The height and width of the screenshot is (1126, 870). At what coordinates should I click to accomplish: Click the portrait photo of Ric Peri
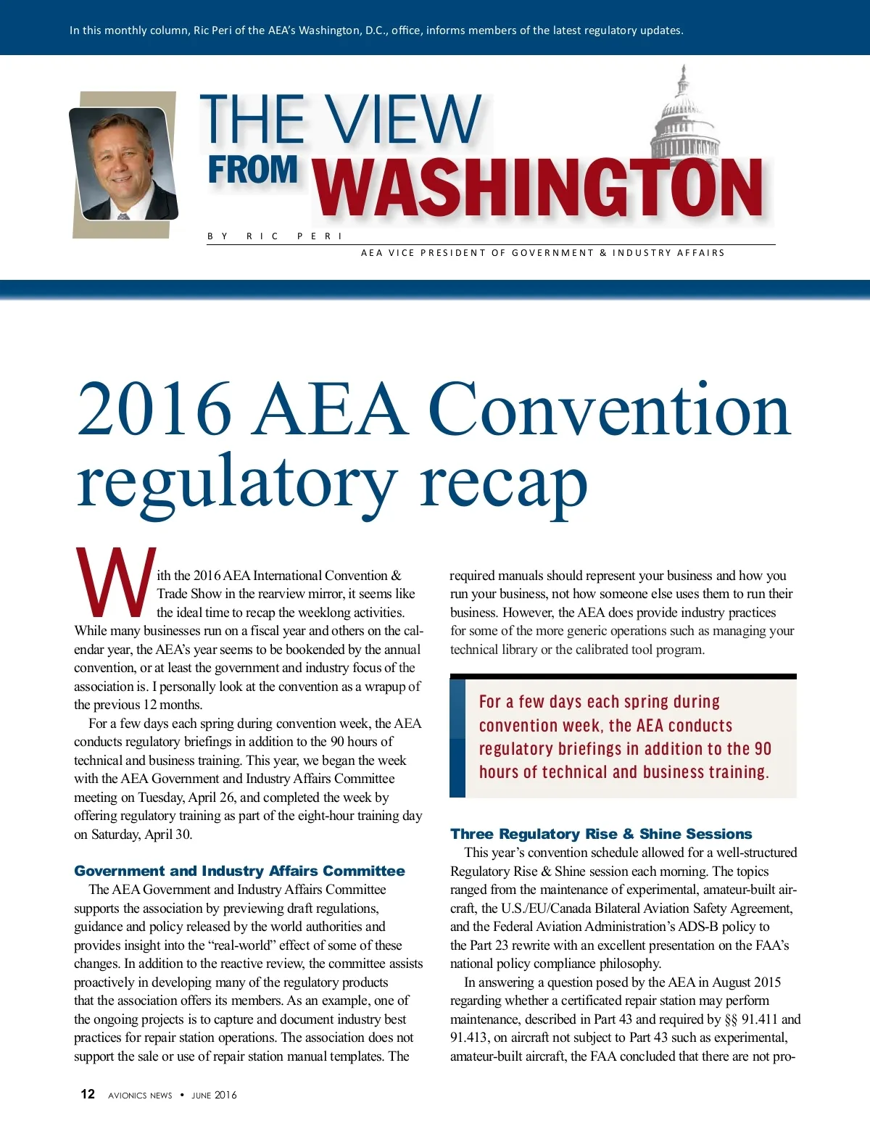click(x=123, y=164)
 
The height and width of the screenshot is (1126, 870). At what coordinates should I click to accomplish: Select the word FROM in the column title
click(x=252, y=170)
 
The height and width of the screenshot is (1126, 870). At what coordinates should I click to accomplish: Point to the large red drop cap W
click(x=115, y=583)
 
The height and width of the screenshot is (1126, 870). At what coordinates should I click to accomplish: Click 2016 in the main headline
click(x=154, y=410)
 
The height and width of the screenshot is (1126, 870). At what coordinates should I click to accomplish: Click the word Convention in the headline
click(x=609, y=410)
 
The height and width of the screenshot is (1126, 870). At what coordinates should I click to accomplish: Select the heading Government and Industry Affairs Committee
click(x=239, y=871)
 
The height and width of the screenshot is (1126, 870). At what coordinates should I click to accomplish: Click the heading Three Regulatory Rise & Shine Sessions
click(x=601, y=834)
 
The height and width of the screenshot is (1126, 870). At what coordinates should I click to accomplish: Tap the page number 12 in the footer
click(x=88, y=1094)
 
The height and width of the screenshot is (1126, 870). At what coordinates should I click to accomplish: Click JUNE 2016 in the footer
click(x=214, y=1095)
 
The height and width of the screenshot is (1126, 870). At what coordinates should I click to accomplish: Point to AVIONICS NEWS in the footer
click(x=140, y=1095)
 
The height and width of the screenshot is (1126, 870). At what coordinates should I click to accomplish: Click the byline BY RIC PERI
click(x=275, y=236)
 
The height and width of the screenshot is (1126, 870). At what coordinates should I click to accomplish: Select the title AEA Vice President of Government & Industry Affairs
click(x=542, y=253)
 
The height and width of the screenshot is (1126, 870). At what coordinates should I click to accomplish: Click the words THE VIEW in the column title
click(x=341, y=120)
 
